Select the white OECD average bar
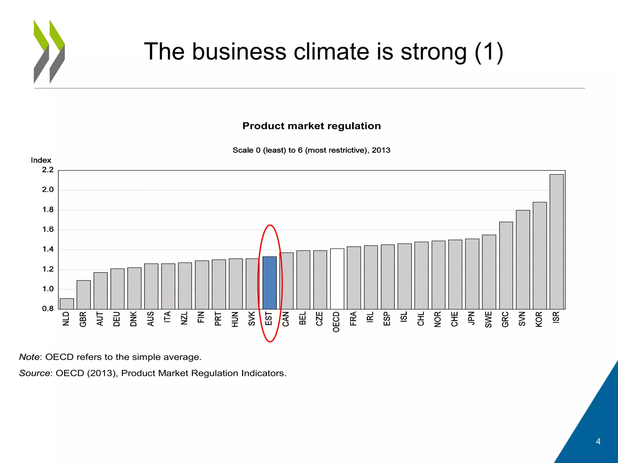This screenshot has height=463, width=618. [x=337, y=279]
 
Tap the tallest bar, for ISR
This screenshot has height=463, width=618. [x=556, y=241]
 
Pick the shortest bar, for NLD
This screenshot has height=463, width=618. [x=67, y=304]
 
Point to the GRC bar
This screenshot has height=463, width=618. [x=506, y=265]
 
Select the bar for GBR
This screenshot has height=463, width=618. [x=84, y=294]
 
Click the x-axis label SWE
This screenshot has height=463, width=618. [x=489, y=320]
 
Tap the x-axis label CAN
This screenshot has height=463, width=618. [x=286, y=319]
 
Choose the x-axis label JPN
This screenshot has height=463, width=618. [x=472, y=318]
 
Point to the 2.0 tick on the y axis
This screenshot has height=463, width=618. [x=48, y=190]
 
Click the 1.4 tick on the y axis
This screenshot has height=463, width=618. [x=48, y=249]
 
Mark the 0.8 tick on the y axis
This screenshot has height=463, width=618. [x=48, y=309]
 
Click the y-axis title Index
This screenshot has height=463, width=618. [x=41, y=160]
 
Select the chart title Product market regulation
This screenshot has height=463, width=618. [x=311, y=126]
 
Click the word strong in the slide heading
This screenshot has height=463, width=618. [x=433, y=52]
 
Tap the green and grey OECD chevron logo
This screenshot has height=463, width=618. [x=49, y=52]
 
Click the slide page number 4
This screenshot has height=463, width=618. [x=598, y=442]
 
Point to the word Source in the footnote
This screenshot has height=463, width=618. [x=34, y=373]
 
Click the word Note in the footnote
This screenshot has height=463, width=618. [x=29, y=357]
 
